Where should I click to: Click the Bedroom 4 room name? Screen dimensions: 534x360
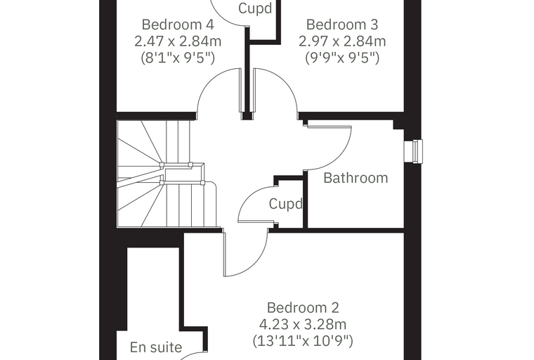(178, 25)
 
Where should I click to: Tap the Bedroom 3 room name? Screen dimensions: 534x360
(342, 25)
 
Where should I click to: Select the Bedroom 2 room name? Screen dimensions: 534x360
(303, 307)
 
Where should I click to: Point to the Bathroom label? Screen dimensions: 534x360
(356, 178)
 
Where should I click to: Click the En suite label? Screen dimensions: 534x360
(156, 347)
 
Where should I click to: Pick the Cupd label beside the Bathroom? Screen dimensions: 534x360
(285, 204)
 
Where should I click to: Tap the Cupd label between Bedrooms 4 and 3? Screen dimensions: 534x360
(255, 8)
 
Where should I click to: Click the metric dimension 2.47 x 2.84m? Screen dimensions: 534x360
(178, 41)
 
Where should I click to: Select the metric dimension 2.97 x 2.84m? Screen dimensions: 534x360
(342, 41)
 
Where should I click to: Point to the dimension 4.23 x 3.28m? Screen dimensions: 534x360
(303, 324)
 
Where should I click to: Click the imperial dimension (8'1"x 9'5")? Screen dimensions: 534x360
(178, 58)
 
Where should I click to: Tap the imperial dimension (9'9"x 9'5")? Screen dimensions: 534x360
(342, 58)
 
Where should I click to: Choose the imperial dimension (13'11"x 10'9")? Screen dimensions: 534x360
(303, 340)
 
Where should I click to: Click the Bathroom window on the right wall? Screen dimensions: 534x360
(413, 151)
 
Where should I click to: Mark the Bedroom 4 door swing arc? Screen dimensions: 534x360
(209, 81)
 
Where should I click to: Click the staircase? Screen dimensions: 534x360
(167, 174)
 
